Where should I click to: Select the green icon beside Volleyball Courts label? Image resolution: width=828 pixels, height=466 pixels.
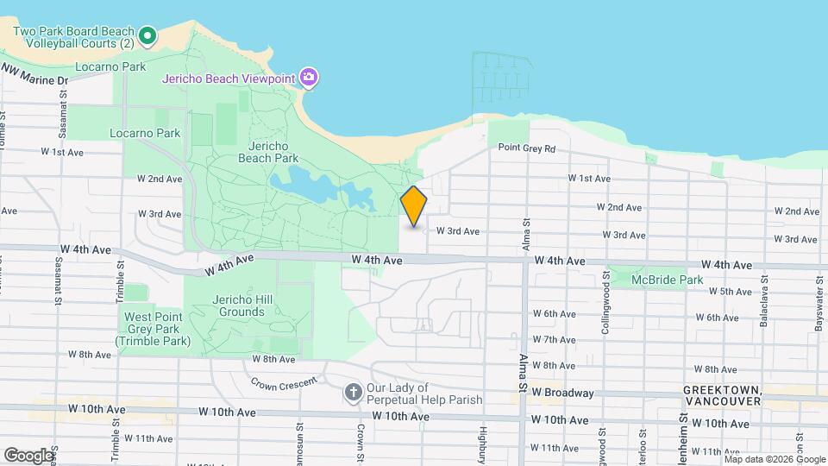point(147,36)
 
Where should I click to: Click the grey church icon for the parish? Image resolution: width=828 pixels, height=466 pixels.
point(352,394)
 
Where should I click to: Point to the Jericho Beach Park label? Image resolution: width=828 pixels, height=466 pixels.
point(267,152)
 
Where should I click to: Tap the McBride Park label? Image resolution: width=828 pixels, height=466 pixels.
point(667,280)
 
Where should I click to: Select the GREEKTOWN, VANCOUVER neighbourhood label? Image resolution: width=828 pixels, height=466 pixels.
point(721,396)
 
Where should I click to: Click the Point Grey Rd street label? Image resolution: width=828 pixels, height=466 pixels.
point(526,148)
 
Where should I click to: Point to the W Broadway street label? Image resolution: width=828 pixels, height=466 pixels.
point(563,393)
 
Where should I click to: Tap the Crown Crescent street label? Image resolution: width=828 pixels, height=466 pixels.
point(280,381)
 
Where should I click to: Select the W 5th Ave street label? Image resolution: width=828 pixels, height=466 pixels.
point(731,292)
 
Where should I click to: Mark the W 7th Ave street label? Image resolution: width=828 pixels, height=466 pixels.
point(554,340)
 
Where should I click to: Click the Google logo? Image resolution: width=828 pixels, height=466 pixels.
point(28,455)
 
